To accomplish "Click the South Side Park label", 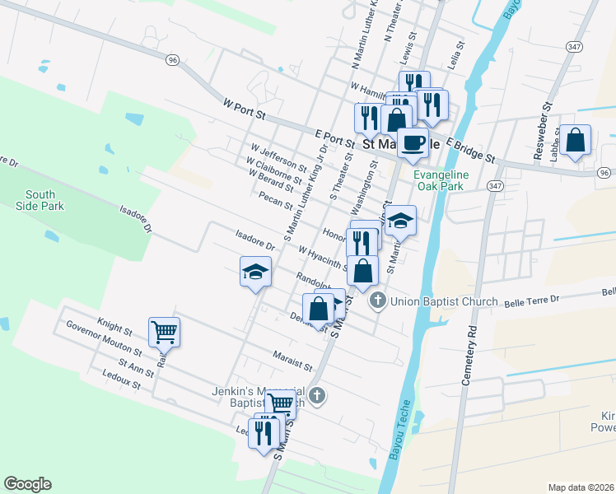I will click(40, 200).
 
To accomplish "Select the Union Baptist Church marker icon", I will click(378, 301).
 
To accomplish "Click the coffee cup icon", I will click(413, 142).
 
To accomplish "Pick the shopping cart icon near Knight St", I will click(164, 332).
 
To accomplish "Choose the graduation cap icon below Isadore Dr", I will click(255, 272).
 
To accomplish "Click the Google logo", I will click(27, 484).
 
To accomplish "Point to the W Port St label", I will click(246, 109).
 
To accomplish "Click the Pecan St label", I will click(276, 200).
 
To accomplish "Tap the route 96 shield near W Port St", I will click(172, 60).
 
